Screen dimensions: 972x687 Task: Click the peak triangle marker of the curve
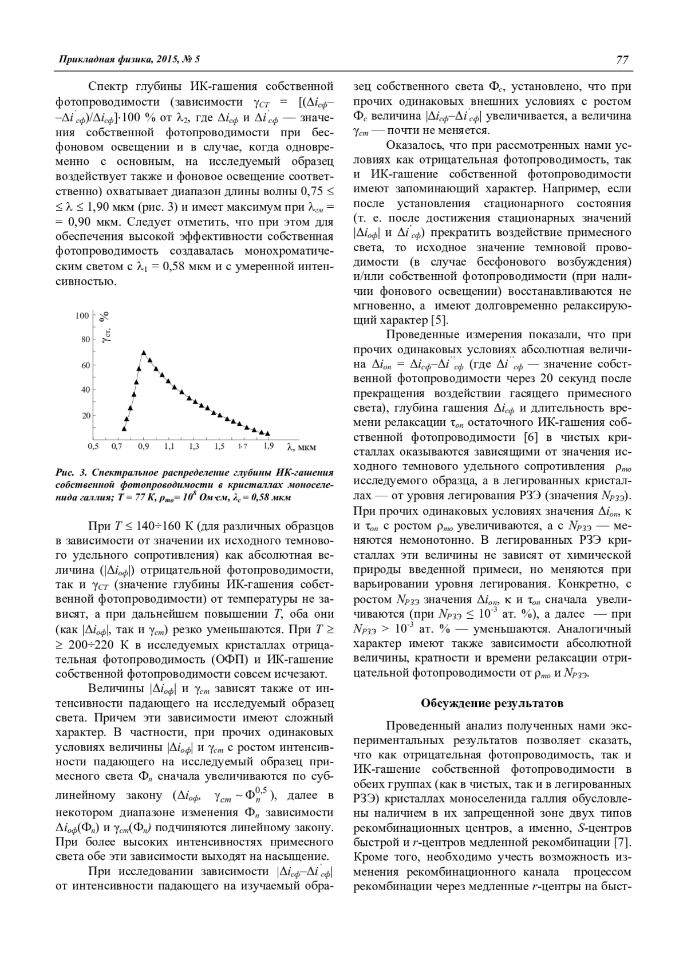[x=144, y=353]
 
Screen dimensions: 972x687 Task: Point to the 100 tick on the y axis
[x=82, y=315]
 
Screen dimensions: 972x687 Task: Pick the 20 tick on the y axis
[x=86, y=415]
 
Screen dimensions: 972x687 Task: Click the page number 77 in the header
[x=623, y=60]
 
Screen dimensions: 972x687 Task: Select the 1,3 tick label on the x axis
[x=194, y=446]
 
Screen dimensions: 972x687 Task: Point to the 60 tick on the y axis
[x=86, y=365]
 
